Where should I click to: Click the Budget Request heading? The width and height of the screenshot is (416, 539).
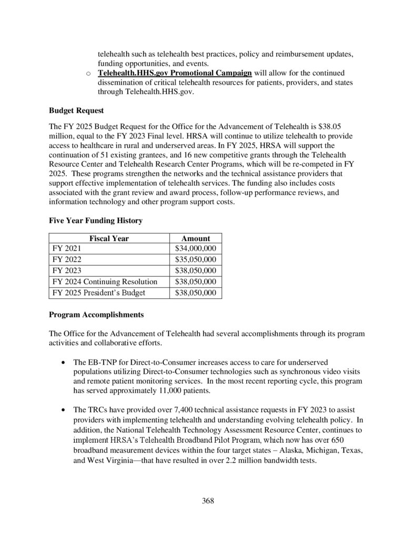pyautogui.click(x=76, y=111)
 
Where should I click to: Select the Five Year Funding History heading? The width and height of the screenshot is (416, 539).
pyautogui.click(x=96, y=221)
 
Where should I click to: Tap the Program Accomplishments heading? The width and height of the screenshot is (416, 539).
pyautogui.click(x=96, y=315)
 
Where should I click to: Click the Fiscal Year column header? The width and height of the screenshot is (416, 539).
pyautogui.click(x=109, y=238)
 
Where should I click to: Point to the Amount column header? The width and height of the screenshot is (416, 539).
pyautogui.click(x=196, y=238)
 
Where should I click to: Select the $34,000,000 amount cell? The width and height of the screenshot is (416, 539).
pyautogui.click(x=196, y=248)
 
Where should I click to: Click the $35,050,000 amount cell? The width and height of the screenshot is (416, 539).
pyautogui.click(x=196, y=259)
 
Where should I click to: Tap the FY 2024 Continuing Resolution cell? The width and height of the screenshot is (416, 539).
pyautogui.click(x=105, y=282)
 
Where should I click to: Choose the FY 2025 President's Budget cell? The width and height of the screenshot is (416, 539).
pyautogui.click(x=99, y=293)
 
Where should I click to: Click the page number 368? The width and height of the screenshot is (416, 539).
pyautogui.click(x=208, y=501)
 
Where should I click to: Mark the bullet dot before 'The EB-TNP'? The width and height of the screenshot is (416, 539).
pyautogui.click(x=64, y=363)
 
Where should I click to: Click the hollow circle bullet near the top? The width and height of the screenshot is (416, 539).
pyautogui.click(x=89, y=73)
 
